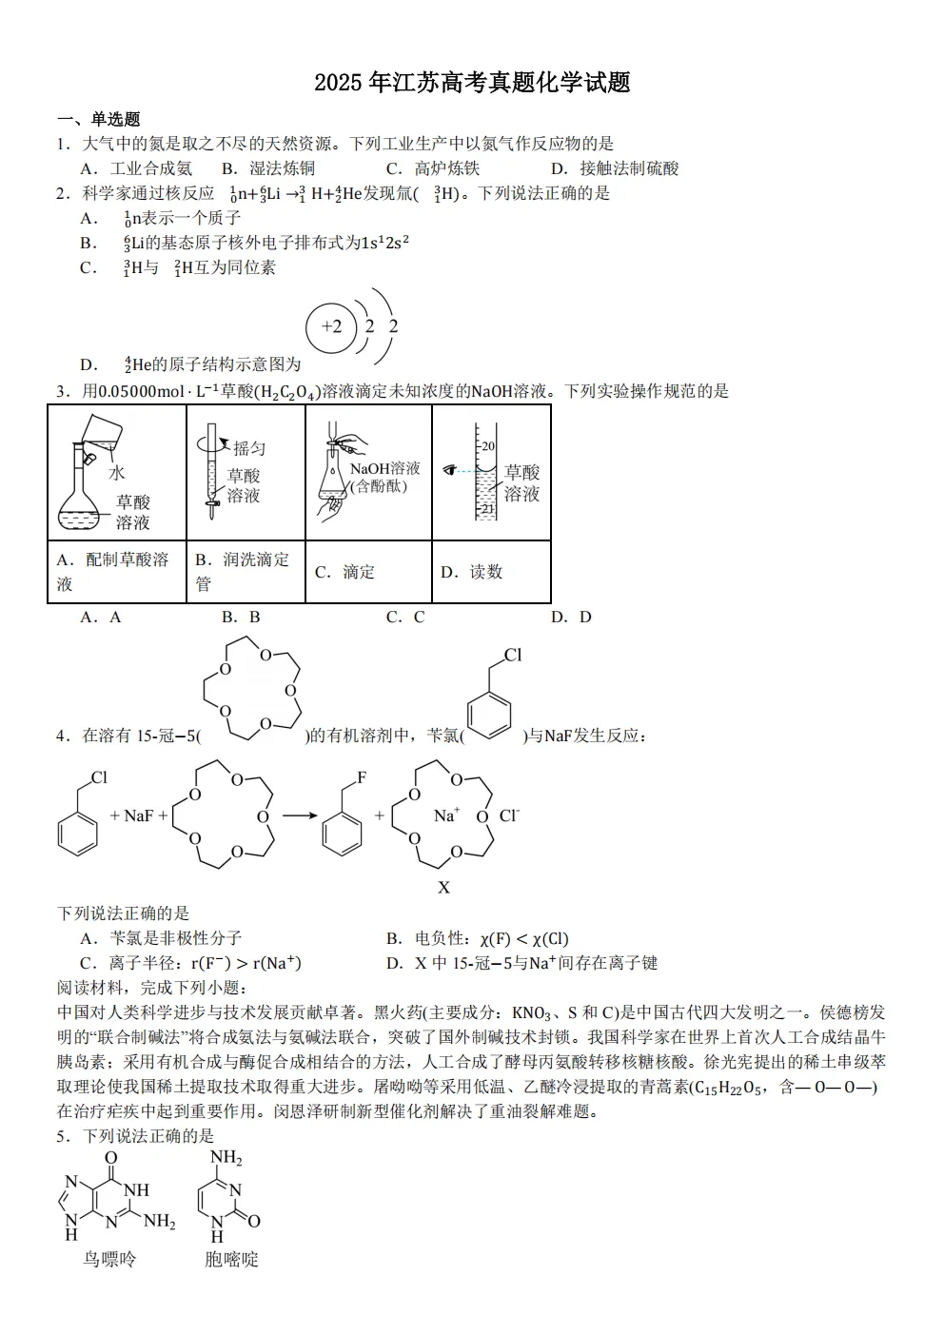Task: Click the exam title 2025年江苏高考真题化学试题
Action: [x=472, y=83]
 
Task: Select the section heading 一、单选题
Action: [x=99, y=119]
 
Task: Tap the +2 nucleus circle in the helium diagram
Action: [x=330, y=327]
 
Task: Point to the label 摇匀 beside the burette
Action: [x=249, y=448]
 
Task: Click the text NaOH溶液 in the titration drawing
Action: [x=384, y=468]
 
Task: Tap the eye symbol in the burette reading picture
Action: [x=451, y=469]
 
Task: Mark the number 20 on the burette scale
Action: [x=487, y=446]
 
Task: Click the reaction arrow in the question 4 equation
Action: [x=299, y=815]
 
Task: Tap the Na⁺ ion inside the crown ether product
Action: [x=446, y=815]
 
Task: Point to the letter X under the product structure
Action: [x=443, y=888]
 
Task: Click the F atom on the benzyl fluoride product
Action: [x=362, y=778]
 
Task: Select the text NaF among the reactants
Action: [x=139, y=815]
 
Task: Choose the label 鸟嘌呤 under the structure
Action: [x=110, y=1259]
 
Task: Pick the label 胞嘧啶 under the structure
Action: [x=231, y=1259]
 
